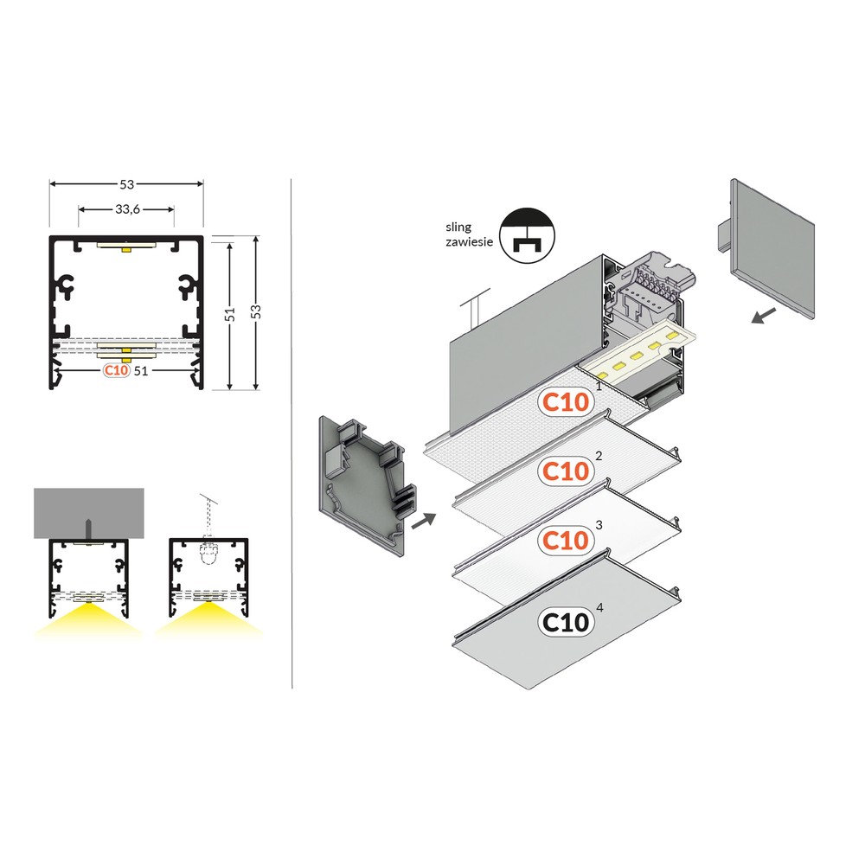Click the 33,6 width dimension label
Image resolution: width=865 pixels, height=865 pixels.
(127, 209)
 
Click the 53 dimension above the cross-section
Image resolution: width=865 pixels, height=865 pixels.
(127, 183)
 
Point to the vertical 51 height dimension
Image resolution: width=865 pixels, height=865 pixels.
(230, 314)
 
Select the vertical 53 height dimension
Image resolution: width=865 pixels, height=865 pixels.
(255, 311)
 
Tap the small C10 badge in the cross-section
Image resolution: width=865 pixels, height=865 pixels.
(117, 369)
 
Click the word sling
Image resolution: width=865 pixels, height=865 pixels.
(458, 227)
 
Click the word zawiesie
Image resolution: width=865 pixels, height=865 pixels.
(470, 241)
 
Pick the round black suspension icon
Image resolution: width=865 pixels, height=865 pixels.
(527, 235)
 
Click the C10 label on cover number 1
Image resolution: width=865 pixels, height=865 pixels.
(566, 402)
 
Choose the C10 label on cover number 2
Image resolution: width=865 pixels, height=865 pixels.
(566, 471)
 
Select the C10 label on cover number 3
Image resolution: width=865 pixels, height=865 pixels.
(566, 540)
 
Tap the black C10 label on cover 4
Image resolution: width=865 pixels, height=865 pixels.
(566, 622)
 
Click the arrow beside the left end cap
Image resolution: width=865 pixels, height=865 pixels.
(424, 520)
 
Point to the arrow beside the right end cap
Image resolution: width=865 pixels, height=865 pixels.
(764, 316)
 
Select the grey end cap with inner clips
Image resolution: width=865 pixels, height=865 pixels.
(364, 484)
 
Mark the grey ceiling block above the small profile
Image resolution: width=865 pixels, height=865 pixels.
(89, 513)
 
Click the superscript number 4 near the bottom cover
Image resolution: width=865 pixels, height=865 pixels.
(599, 607)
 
